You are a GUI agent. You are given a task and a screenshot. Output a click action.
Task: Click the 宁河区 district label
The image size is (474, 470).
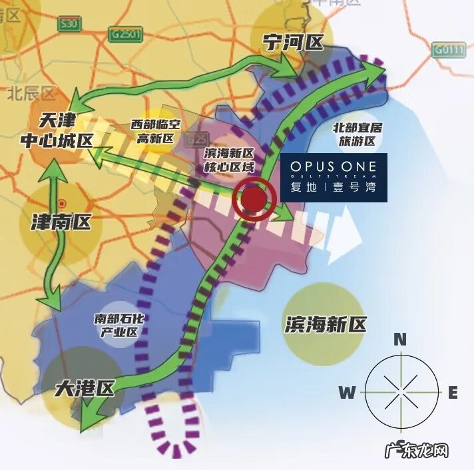[292, 43]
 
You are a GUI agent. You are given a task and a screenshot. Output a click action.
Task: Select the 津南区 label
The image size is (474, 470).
[61, 221]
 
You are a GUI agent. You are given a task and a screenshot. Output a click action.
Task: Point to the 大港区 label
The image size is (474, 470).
[85, 387]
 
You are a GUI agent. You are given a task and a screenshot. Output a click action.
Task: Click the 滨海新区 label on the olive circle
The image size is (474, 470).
[326, 324]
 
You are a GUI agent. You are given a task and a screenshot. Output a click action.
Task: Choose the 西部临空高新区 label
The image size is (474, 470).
[154, 131]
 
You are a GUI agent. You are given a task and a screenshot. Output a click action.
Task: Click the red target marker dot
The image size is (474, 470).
[254, 199]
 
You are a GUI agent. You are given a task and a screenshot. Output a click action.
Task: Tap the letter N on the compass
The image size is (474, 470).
[400, 339]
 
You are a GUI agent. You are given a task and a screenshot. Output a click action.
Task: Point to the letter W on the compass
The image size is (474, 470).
[347, 392]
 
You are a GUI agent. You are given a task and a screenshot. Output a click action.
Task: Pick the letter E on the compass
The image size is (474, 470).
[453, 393]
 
